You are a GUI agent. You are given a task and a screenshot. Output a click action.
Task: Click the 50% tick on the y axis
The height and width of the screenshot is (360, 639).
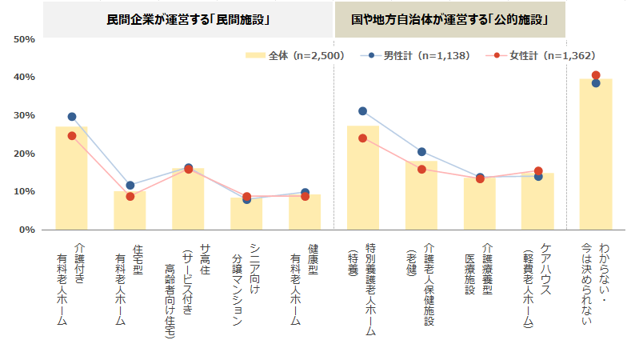point(24,39)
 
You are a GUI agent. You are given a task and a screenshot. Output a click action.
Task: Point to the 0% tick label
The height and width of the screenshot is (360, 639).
point(26,230)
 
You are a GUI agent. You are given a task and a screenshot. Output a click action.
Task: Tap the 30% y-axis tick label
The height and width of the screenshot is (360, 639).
point(24,115)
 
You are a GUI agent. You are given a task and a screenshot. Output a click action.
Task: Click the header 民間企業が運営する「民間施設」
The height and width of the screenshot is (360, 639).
point(188,18)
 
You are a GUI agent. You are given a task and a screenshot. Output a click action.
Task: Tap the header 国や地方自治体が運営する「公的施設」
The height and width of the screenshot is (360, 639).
point(449,18)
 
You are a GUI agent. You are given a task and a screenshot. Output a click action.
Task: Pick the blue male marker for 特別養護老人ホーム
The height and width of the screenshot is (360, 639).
point(362,111)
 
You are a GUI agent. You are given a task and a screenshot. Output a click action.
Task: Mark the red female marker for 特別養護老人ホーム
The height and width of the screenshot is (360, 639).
point(362,138)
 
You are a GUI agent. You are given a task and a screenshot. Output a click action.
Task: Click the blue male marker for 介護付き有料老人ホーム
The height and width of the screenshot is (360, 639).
point(72,117)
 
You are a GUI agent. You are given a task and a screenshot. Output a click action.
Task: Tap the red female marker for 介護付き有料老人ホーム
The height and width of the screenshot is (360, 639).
point(72,136)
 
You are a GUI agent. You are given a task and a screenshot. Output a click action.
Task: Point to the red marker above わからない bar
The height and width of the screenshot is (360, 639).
point(596,75)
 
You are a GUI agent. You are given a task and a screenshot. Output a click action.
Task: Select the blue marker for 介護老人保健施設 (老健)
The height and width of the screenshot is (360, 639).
point(421,152)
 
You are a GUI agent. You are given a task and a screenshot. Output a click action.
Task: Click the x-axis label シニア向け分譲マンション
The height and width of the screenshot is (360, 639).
point(246,284)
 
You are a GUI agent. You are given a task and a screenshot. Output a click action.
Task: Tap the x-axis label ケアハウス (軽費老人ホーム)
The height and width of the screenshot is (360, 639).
point(537,284)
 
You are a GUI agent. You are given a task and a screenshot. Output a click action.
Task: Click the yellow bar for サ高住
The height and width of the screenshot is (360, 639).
point(188,199)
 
